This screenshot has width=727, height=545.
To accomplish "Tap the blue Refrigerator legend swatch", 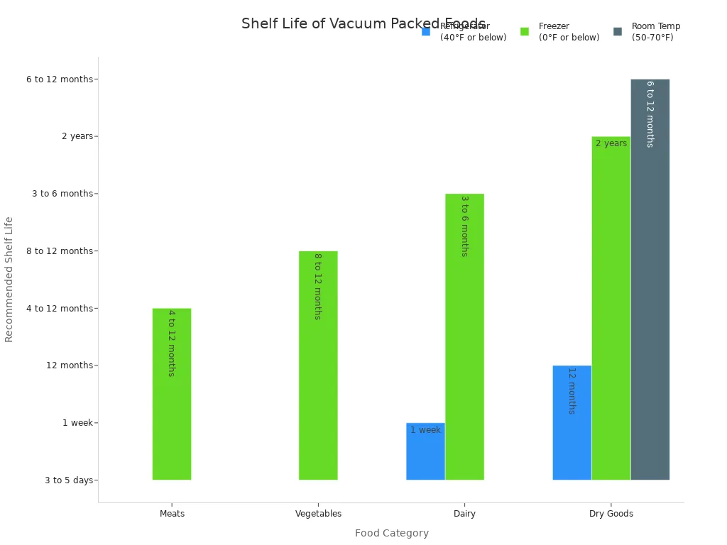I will point(426,32).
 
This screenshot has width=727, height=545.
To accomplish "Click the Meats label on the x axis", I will point(172,514).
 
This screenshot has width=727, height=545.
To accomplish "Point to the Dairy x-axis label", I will point(464,514).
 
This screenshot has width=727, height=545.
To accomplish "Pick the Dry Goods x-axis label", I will point(611,514).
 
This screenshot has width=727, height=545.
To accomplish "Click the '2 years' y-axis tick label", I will point(77,136).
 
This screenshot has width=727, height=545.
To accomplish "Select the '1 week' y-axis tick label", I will point(77,423).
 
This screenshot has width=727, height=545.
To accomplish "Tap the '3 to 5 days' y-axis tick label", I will point(69,480).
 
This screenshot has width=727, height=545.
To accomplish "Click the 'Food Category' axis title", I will point(392,534).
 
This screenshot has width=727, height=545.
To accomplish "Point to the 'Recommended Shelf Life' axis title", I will point(9,280).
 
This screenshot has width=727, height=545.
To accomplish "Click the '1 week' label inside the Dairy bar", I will point(425,430).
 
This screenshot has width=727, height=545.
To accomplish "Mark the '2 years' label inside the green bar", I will point(611,143).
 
